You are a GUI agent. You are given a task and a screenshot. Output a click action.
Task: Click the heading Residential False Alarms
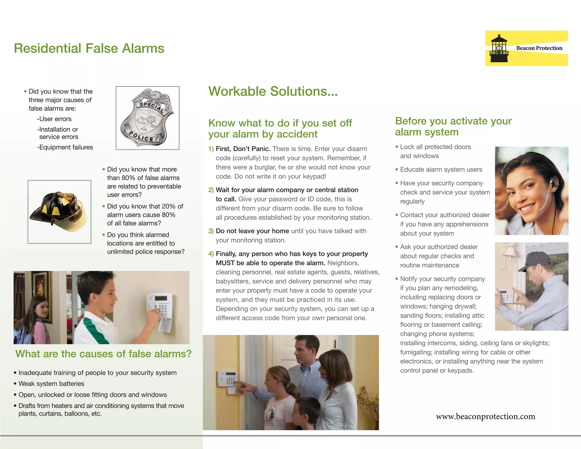click(89, 48)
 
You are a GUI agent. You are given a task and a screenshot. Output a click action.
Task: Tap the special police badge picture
click(147, 118)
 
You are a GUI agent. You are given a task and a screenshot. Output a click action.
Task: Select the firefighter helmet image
click(59, 211)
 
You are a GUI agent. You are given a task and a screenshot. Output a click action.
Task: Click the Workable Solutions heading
click(273, 91)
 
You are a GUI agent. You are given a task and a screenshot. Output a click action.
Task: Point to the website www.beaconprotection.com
click(485, 416)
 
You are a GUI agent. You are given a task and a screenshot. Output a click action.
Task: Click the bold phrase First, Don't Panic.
click(243, 149)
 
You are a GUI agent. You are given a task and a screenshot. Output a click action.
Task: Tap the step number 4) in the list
click(211, 254)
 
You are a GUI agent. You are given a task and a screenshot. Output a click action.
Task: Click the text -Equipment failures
click(65, 147)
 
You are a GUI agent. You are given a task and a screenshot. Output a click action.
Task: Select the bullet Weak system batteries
click(51, 384)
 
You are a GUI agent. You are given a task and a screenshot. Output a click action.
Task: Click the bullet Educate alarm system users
click(441, 170)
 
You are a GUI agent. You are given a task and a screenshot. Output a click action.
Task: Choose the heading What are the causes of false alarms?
click(104, 354)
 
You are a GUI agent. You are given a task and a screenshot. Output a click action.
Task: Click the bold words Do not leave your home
click(252, 231)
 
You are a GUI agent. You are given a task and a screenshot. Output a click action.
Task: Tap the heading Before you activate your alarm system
click(453, 127)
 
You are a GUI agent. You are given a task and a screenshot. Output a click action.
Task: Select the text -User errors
click(54, 119)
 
